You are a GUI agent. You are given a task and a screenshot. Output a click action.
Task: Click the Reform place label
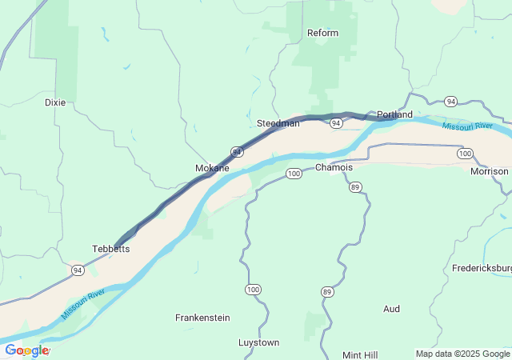322,33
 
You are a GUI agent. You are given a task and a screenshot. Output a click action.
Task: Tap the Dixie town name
55,102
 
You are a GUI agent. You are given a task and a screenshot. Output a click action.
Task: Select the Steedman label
278,123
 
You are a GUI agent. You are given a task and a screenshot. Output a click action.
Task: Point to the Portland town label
394,115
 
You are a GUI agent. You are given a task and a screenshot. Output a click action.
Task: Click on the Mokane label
212,168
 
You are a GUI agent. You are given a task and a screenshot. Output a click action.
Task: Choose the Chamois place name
334,167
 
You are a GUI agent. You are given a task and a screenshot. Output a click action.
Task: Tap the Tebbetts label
111,249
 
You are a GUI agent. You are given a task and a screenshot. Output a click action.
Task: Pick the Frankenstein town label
202,318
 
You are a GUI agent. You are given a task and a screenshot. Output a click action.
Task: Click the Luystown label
258,342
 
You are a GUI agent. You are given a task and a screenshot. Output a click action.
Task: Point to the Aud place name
391,309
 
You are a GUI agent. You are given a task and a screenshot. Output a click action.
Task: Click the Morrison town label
489,171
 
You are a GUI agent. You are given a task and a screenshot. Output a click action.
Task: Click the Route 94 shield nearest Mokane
237,151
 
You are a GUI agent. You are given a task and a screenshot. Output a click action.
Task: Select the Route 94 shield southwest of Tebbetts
77,270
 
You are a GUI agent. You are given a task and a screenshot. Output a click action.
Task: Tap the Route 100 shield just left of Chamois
294,173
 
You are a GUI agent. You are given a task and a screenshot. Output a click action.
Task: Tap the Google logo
26,350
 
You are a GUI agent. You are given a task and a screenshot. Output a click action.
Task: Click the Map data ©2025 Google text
462,354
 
